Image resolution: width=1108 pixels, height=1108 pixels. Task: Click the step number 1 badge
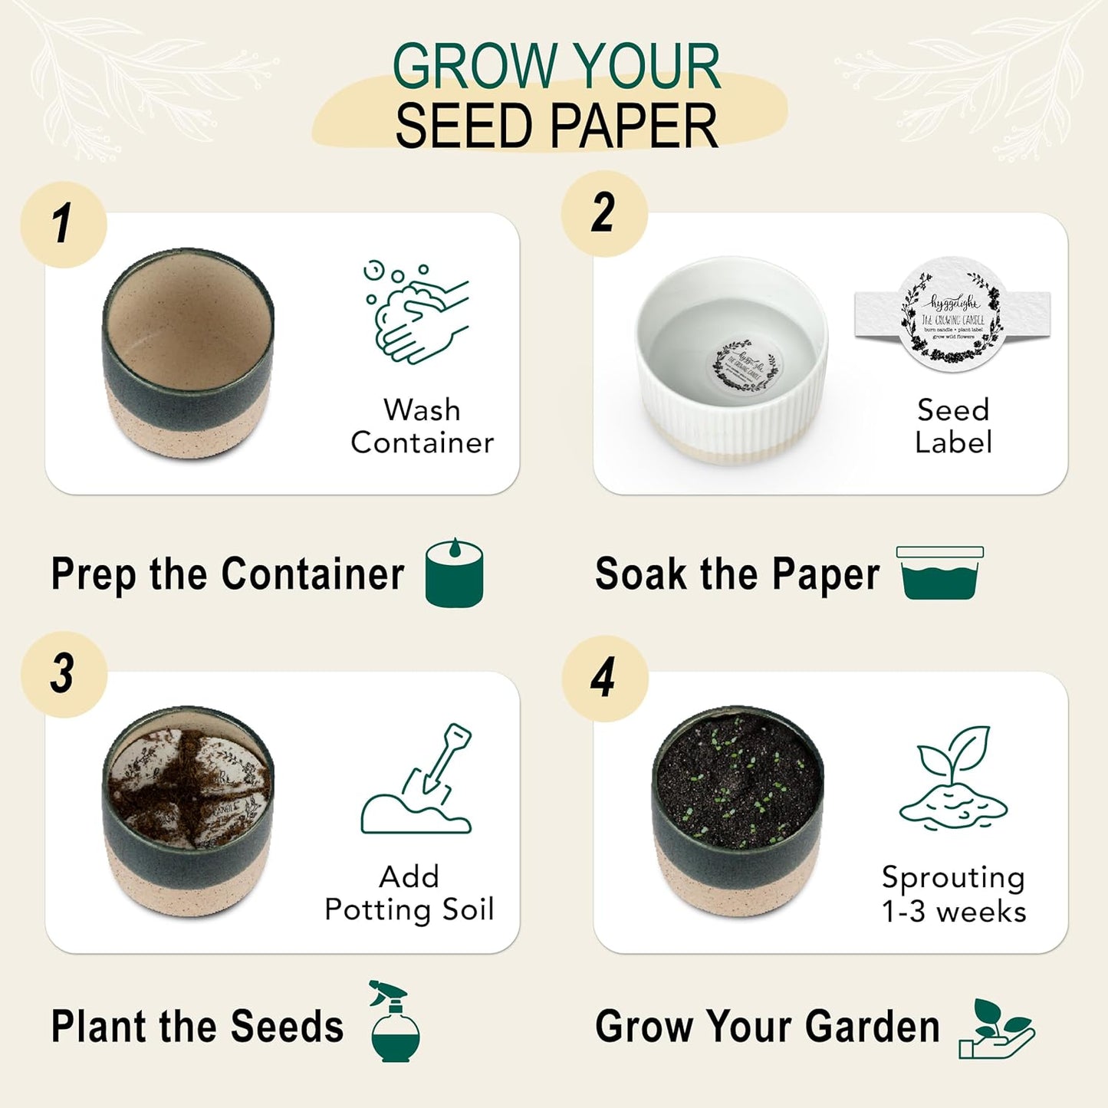click(64, 225)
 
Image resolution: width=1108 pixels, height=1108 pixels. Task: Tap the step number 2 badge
click(604, 213)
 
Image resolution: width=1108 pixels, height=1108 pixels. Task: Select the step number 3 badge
click(64, 674)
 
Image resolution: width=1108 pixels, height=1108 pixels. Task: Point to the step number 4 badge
click(604, 678)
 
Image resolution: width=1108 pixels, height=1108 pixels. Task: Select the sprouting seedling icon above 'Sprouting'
click(954, 778)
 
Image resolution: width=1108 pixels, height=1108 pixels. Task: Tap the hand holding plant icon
click(996, 1029)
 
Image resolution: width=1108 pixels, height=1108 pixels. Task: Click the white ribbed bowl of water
click(732, 360)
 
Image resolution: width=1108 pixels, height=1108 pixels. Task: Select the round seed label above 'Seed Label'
click(952, 314)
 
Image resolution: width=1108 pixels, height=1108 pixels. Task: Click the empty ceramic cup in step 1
click(188, 353)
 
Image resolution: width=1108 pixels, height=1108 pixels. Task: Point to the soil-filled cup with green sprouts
click(737, 809)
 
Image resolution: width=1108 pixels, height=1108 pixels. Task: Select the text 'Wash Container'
click(422, 426)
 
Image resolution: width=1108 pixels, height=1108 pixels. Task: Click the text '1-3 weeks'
click(953, 912)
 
